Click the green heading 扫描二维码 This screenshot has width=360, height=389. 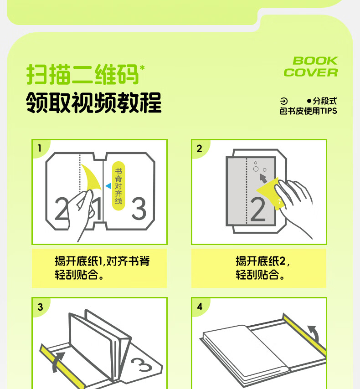[82, 74]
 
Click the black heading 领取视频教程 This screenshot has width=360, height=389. [94, 102]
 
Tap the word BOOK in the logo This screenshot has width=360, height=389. [315, 61]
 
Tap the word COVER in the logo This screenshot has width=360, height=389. [311, 72]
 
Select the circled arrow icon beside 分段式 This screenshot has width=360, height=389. [284, 101]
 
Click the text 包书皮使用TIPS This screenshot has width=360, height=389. [309, 111]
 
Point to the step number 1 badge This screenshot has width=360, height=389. [40, 148]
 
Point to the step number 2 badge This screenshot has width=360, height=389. [199, 148]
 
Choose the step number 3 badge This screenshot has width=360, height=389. [40, 307]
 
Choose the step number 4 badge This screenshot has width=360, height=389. [200, 307]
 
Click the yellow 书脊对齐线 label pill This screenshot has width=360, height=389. [118, 186]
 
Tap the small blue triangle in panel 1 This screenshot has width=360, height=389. [108, 186]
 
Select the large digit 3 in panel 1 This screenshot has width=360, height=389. [139, 209]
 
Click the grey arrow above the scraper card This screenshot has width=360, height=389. [263, 179]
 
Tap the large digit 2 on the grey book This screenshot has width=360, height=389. [258, 210]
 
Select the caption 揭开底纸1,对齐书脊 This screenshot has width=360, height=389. [102, 261]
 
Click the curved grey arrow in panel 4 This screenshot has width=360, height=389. [314, 333]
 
